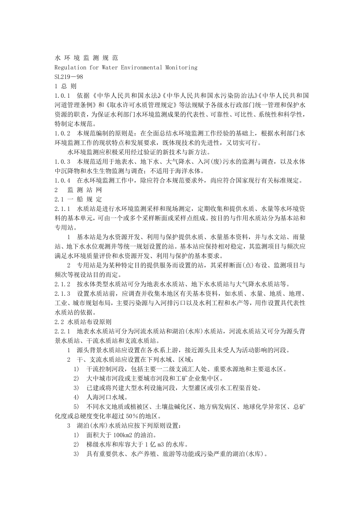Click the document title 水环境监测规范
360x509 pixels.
[86, 58]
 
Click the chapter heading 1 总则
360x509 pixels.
[66, 86]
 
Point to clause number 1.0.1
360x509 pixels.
[63, 96]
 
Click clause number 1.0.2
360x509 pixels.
[63, 133]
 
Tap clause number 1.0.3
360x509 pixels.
[63, 162]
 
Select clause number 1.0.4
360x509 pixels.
[63, 181]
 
